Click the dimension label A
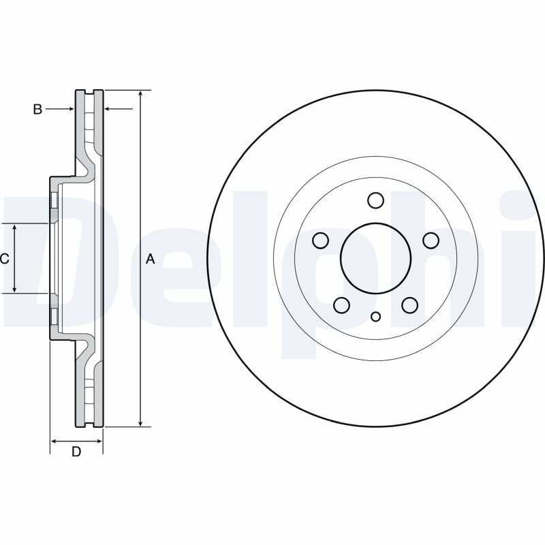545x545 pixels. [151, 259]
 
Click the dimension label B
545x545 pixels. [38, 109]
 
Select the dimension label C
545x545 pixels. [4, 259]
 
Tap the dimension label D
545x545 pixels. [76, 452]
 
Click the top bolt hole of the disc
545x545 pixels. [375, 200]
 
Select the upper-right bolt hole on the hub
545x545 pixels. [431, 240]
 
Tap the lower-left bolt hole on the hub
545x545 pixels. [341, 305]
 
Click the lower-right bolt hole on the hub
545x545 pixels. [409, 305]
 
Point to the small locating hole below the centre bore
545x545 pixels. [375, 316]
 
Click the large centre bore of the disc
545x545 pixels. [375, 258]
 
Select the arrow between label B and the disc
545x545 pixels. [69, 109]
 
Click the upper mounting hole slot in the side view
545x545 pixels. [53, 201]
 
